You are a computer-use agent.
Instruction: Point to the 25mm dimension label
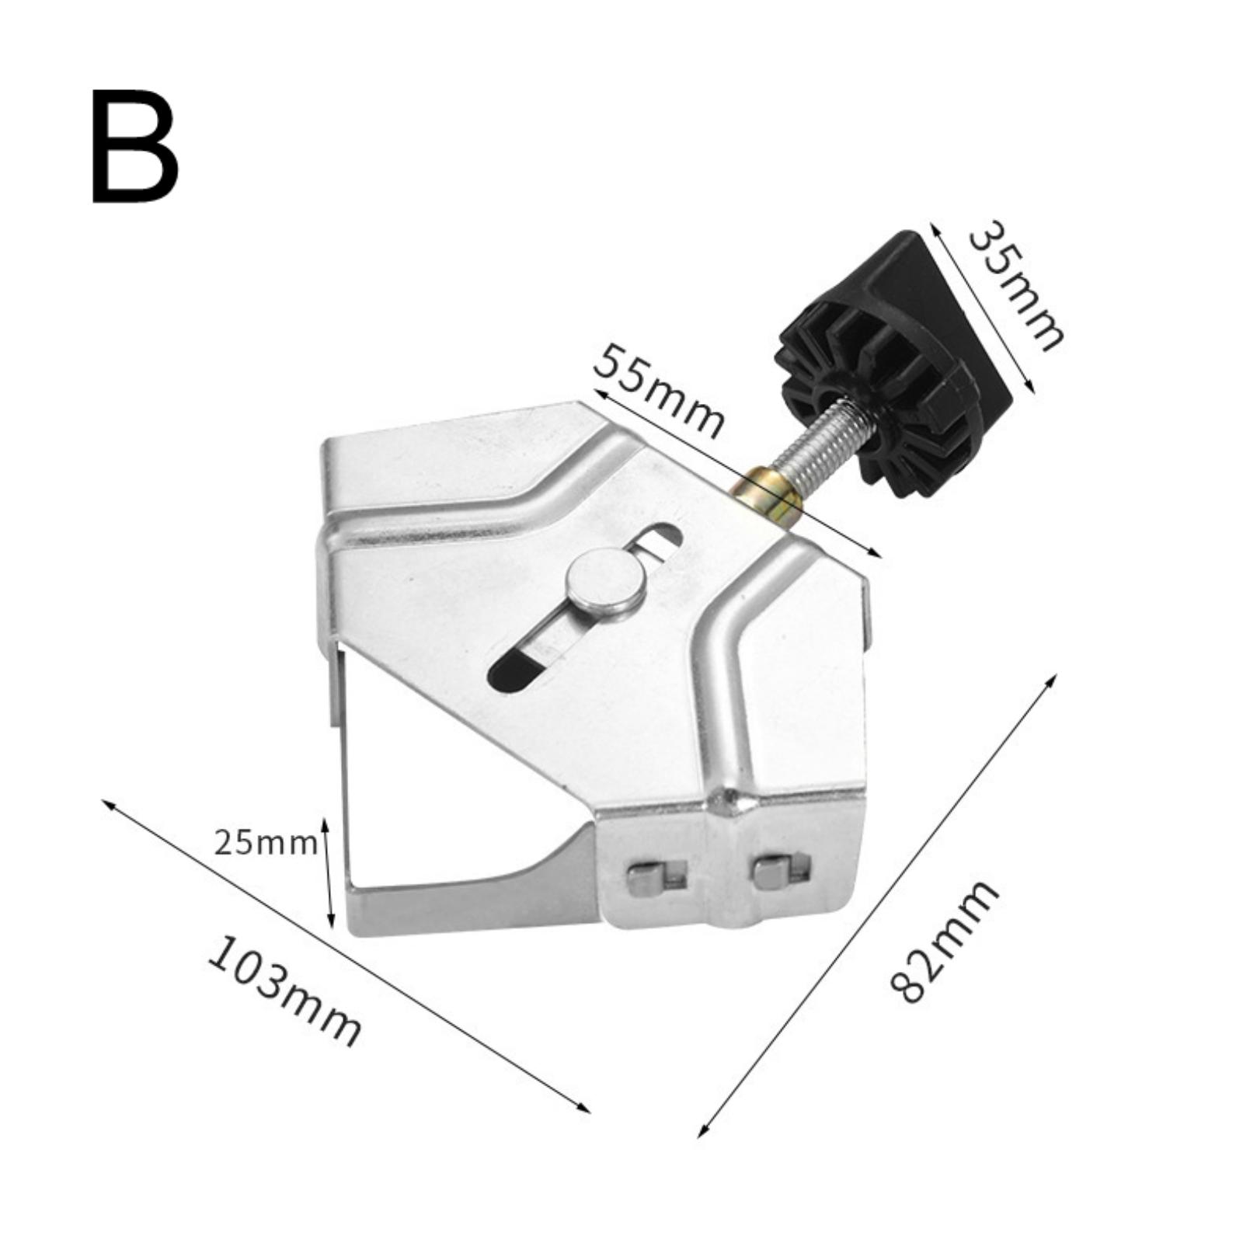(x=265, y=842)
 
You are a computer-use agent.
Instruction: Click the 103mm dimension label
(x=284, y=993)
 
